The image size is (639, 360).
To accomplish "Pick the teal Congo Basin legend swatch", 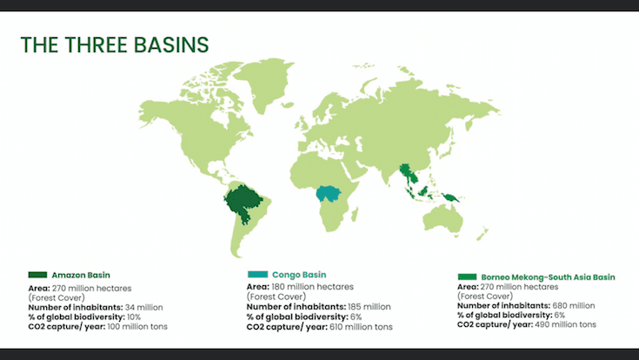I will pyautogui.click(x=256, y=275).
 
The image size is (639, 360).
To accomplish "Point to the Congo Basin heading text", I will pyautogui.click(x=296, y=275).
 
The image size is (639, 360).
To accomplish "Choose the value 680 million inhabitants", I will pyautogui.click(x=575, y=305).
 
